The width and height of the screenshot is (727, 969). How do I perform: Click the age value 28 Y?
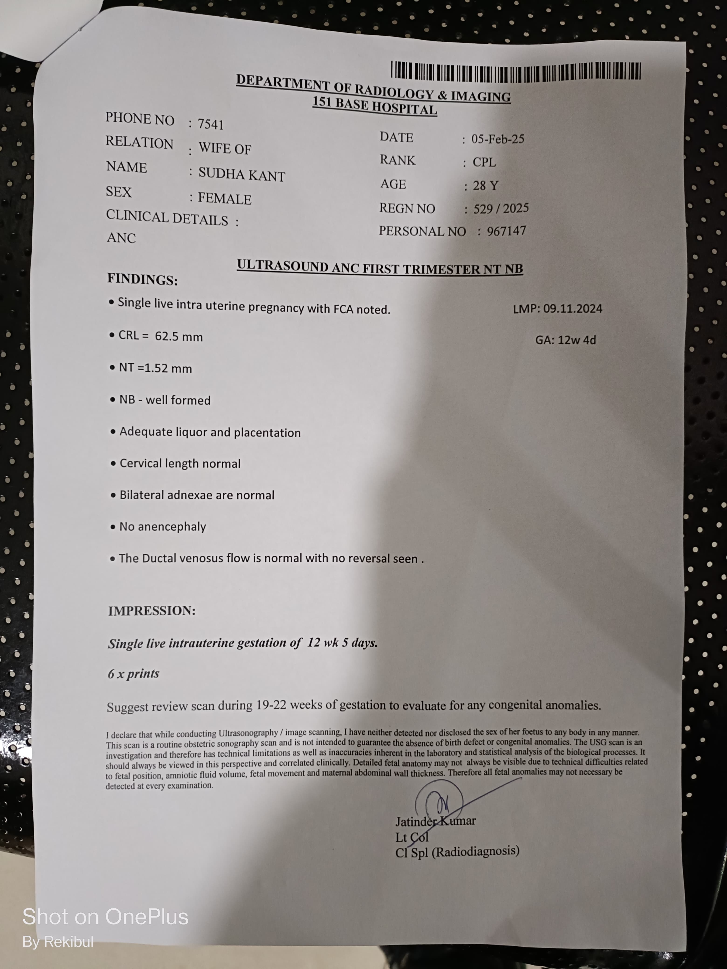(x=486, y=186)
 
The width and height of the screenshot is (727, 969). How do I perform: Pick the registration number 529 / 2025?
(x=501, y=208)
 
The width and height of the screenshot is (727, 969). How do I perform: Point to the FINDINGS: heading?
(x=142, y=280)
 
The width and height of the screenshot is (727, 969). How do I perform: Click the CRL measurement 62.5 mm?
(x=179, y=337)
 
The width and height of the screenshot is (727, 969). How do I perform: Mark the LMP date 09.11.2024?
(x=572, y=309)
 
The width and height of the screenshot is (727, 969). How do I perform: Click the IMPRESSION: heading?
(x=152, y=611)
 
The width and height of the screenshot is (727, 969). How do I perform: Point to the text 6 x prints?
(x=133, y=673)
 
